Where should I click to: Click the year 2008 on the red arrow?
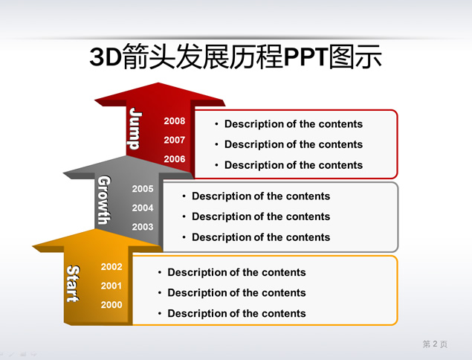click(174, 121)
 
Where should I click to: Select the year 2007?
click(174, 140)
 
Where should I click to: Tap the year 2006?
click(174, 159)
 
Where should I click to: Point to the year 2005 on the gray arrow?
click(143, 189)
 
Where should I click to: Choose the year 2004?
click(143, 208)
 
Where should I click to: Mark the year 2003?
click(143, 227)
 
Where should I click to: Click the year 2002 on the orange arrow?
click(111, 267)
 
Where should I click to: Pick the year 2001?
click(111, 286)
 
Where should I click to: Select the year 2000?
click(111, 305)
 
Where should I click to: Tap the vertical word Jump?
click(135, 129)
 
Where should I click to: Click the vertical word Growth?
click(104, 200)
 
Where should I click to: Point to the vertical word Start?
click(73, 283)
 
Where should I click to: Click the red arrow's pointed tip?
click(158, 83)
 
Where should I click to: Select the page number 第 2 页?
click(435, 344)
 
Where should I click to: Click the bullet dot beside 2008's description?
click(216, 124)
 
